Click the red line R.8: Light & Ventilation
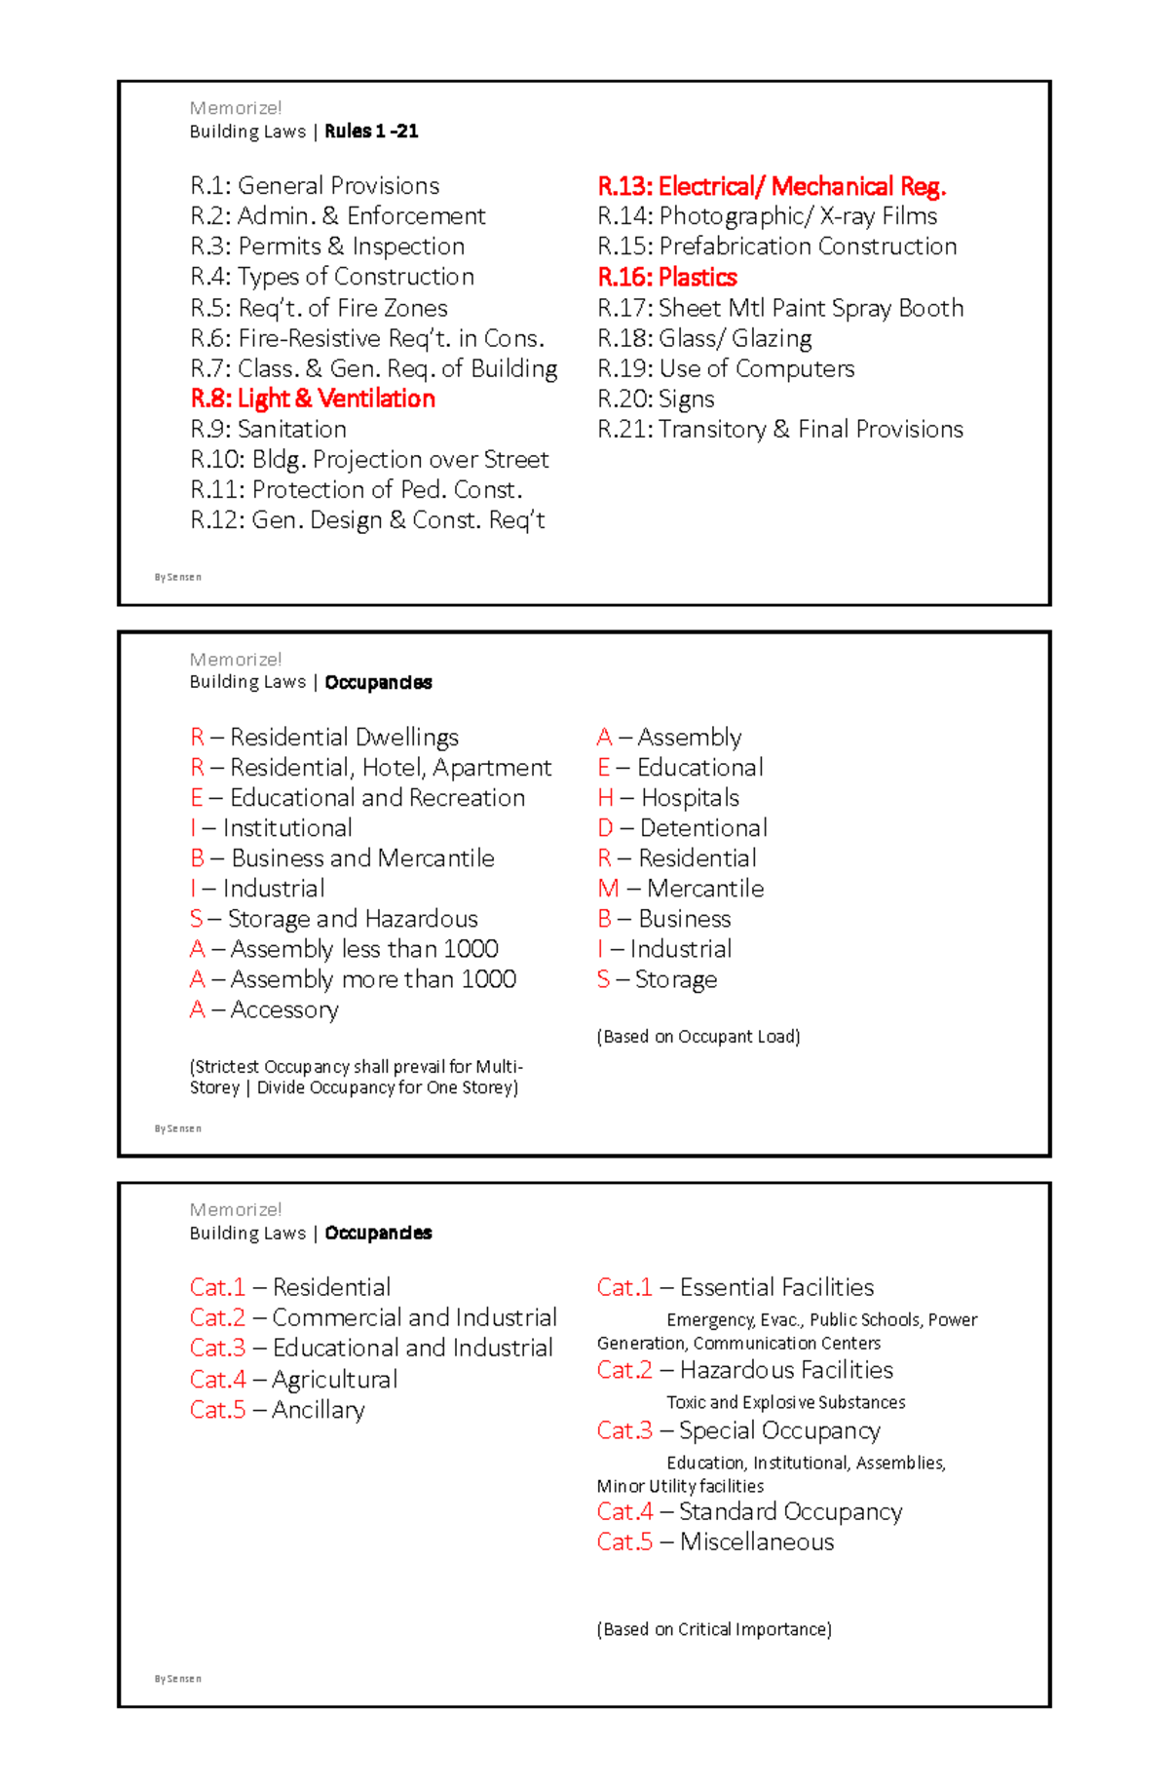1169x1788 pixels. pos(313,399)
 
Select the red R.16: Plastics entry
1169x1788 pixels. pos(667,278)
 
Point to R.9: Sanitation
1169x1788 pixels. pos(269,430)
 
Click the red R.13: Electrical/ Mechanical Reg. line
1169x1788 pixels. pos(772,187)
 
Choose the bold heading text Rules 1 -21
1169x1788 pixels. pos(371,132)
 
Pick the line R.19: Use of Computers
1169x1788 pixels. pos(726,369)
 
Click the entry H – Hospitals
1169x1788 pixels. pos(668,798)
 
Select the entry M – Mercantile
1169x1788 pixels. pos(680,889)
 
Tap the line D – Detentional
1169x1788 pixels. pos(682,828)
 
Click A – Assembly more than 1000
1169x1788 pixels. pos(353,979)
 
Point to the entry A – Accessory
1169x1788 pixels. pos(264,1009)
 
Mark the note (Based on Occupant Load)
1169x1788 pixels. pos(698,1037)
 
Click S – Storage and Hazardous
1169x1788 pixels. pos(333,919)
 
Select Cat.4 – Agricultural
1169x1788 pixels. pos(293,1380)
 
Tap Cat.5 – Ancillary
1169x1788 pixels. pos(277,1410)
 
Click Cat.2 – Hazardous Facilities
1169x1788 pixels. pos(744,1370)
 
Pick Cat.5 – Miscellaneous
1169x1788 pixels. pos(715,1542)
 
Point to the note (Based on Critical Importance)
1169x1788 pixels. pos(713,1629)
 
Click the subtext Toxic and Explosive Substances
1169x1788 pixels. pos(785,1402)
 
